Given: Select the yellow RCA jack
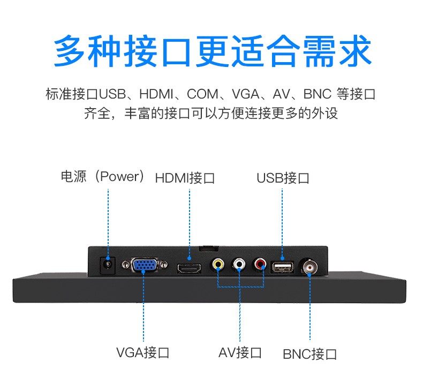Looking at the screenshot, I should click(218, 264).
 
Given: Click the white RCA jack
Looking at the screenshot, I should click(239, 264).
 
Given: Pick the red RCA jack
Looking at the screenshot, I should click(261, 264).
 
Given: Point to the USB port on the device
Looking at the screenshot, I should click(282, 266).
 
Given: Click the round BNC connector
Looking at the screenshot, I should click(310, 265).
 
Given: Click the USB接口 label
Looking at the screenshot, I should click(283, 178).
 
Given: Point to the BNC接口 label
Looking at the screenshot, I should click(309, 354).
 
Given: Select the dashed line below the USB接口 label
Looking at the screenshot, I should click(283, 220).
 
